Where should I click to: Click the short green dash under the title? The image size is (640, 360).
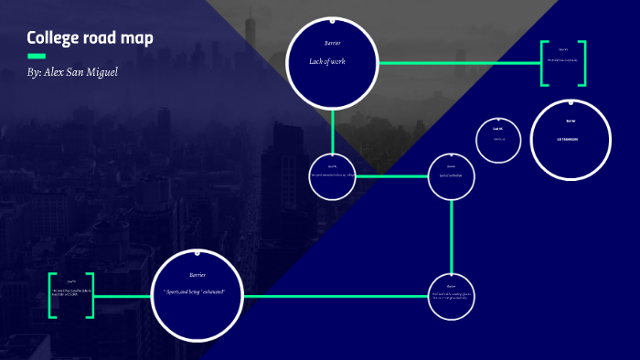click(37, 57)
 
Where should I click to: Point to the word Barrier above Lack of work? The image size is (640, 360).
click(332, 43)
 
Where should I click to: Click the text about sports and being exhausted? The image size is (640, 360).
click(200, 291)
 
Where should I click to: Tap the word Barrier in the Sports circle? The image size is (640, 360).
click(197, 274)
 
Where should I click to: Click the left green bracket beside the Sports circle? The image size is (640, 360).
click(53, 295)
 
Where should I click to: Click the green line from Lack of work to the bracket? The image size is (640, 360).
click(457, 63)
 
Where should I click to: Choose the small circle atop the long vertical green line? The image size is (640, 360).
click(452, 175)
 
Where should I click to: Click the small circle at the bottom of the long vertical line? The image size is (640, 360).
click(451, 296)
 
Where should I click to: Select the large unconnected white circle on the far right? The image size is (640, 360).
click(571, 140)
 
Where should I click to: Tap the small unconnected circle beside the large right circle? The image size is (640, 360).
click(498, 140)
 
